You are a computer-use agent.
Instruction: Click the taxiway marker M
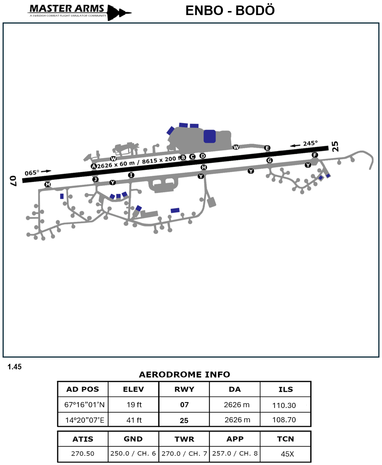(x=47, y=184)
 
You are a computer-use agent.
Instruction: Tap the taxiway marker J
(x=96, y=180)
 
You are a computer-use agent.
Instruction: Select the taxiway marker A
(x=94, y=166)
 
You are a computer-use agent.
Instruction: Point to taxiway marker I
(x=131, y=175)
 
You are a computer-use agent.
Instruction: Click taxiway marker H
(x=204, y=167)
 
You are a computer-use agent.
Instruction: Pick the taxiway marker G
(x=269, y=160)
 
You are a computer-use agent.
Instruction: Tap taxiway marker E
(x=267, y=148)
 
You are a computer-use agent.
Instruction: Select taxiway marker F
(x=315, y=155)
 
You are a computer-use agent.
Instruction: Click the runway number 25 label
(x=335, y=146)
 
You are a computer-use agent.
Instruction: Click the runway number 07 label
(x=14, y=180)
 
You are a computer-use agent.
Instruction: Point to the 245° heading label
(x=310, y=143)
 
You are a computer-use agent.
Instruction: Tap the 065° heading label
(x=32, y=173)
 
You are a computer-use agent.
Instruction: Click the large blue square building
(x=210, y=136)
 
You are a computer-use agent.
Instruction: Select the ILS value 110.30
(x=284, y=405)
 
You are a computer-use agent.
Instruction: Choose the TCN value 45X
(x=287, y=454)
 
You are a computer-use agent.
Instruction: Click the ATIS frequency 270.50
(x=83, y=454)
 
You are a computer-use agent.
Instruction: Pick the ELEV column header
(x=133, y=389)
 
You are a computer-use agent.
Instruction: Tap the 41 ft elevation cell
(x=134, y=420)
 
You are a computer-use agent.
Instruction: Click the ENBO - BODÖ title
(x=230, y=11)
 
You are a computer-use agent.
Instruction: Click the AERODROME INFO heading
(x=184, y=375)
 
